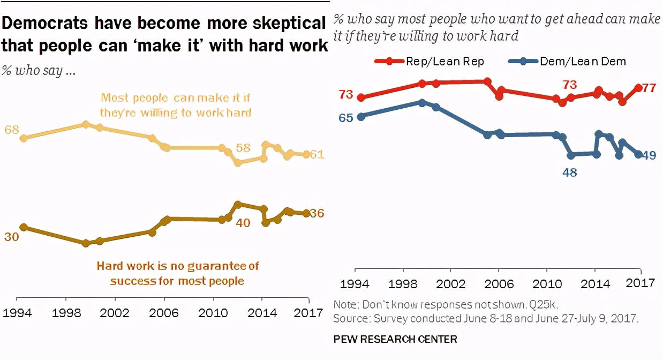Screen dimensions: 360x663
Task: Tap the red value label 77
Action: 649,88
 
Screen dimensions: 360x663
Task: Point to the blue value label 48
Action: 569,172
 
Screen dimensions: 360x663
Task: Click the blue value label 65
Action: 346,117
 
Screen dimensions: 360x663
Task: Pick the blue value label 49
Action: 649,155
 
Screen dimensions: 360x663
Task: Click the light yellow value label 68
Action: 11,130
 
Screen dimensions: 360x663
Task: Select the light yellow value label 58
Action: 243,148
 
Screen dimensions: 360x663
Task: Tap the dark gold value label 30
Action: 11,236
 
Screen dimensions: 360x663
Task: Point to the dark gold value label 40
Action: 243,222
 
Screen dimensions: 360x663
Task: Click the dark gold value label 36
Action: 317,213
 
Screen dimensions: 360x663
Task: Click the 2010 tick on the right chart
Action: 546,283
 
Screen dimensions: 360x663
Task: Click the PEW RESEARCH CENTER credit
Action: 395,339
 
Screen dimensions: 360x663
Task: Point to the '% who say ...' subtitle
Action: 38,71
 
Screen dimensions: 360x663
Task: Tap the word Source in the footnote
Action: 347,319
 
